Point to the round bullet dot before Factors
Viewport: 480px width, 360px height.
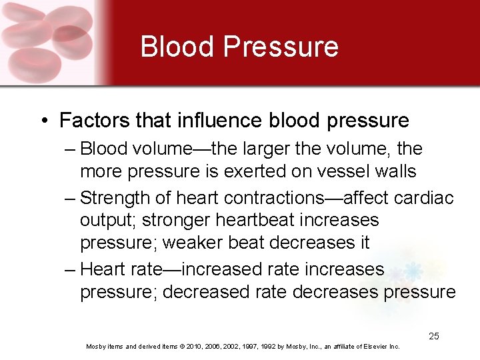pos(44,121)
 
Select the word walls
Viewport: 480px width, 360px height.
pos(393,171)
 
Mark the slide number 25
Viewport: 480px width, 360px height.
pos(433,336)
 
